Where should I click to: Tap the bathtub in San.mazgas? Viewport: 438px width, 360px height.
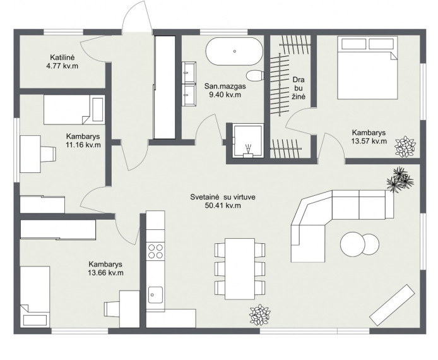(234, 51)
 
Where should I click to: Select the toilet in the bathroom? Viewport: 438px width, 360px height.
(256, 75)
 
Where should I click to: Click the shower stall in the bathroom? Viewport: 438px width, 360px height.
(248, 141)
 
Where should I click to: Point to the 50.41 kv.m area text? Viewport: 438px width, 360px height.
(223, 206)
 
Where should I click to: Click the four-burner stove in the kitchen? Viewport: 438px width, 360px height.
(156, 251)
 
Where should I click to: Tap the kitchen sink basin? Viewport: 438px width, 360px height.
(155, 294)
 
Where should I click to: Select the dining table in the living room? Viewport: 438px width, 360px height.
(240, 268)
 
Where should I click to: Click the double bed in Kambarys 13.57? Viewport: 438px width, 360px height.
(367, 68)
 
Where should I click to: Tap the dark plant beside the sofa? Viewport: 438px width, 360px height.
(400, 180)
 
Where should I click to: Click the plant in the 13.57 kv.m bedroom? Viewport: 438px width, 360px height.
(405, 147)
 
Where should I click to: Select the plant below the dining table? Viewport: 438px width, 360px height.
(260, 315)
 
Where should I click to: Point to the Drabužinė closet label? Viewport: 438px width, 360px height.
(299, 88)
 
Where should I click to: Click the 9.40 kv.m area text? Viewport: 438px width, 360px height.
(225, 95)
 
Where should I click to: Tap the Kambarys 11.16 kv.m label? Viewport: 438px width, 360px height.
(83, 141)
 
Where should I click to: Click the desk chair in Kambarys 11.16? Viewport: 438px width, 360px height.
(49, 154)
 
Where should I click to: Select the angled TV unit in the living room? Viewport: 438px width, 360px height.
(392, 305)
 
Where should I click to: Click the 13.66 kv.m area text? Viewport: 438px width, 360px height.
(105, 273)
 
